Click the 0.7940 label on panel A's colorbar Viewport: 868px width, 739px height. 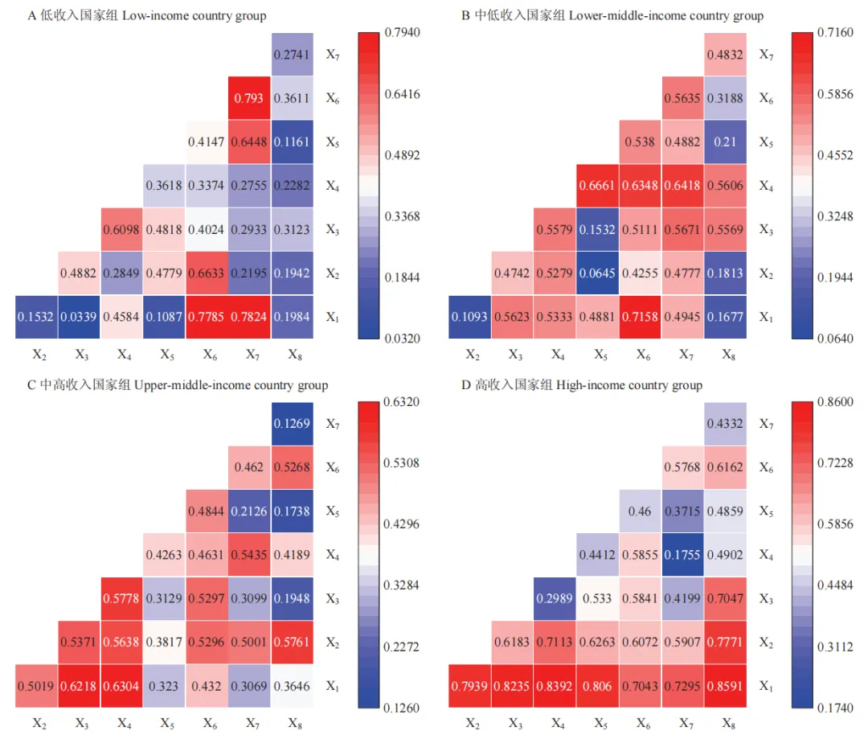pos(403,32)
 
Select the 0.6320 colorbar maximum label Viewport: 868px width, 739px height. pos(403,401)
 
